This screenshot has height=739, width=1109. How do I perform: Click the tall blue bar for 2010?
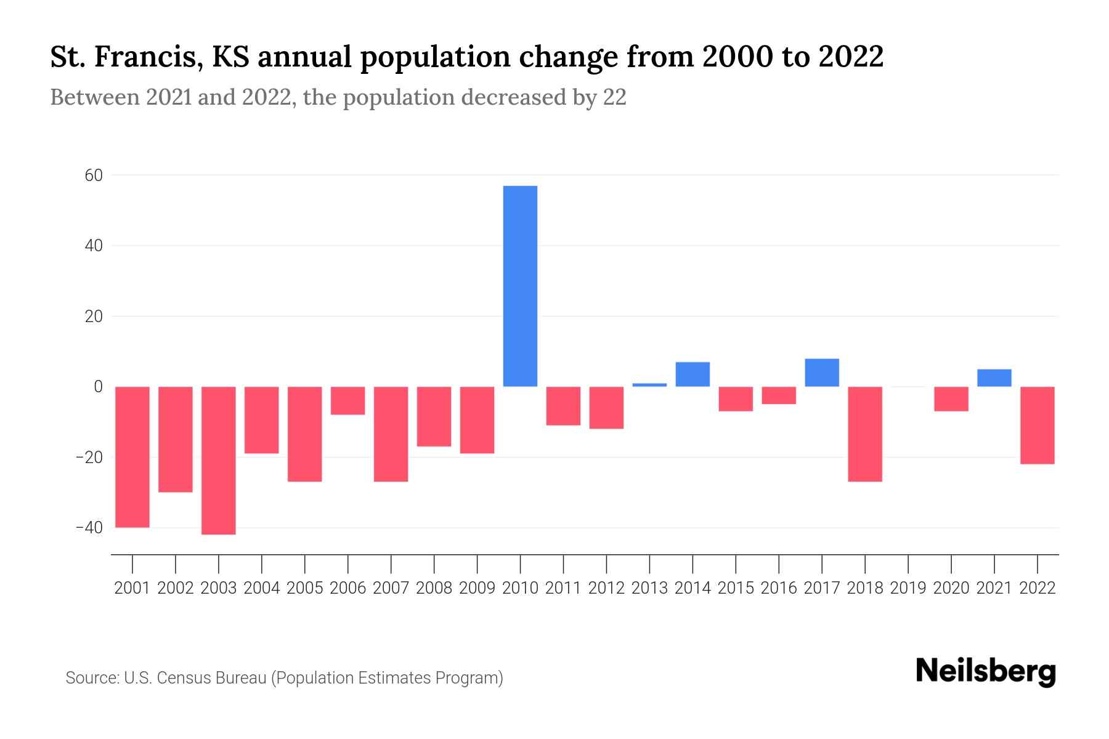520,286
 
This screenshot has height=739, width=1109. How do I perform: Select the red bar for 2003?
219,460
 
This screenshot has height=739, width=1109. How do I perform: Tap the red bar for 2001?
132,456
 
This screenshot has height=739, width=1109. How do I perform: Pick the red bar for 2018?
865,434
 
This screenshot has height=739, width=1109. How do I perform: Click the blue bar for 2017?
822,373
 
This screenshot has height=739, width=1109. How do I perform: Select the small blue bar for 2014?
693,374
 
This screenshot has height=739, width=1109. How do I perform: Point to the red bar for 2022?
1038,425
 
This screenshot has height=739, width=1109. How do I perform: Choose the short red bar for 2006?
348,400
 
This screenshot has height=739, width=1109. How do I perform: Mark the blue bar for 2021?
994,378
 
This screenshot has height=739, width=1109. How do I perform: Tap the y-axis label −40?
89,528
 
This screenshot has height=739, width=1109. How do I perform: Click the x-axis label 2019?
908,588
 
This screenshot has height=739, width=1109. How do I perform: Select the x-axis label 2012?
606,588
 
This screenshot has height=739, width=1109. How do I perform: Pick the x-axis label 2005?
305,588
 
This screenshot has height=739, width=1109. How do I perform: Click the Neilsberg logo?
986,671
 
